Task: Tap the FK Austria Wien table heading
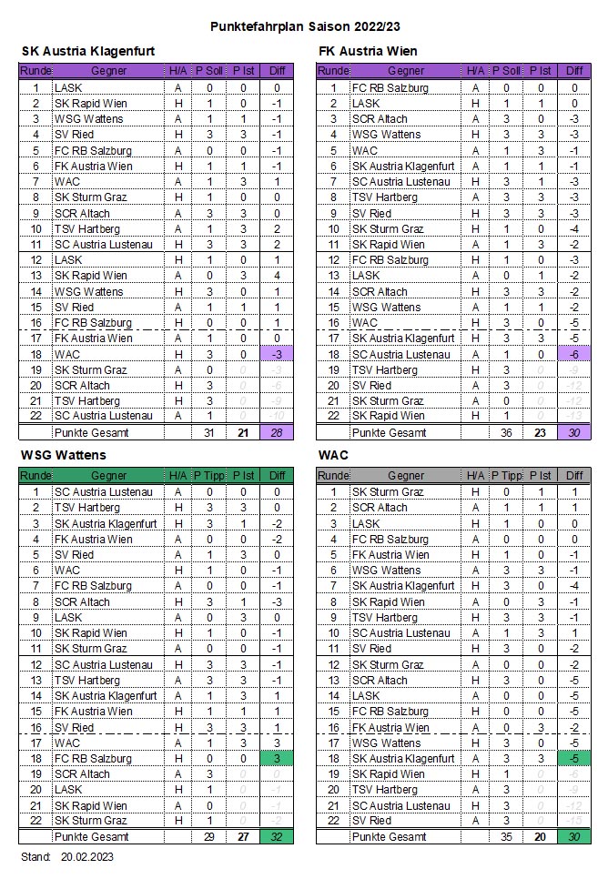(368, 51)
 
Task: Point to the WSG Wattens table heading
(63, 455)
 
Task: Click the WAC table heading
(332, 455)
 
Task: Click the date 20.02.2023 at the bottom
(87, 857)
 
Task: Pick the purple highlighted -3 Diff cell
(277, 354)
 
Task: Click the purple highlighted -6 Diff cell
(574, 354)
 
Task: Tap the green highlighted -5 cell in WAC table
(574, 758)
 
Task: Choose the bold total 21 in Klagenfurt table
(243, 432)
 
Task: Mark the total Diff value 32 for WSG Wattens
(277, 836)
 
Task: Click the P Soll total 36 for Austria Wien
(506, 432)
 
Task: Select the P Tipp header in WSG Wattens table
(208, 476)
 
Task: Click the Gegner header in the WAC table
(406, 476)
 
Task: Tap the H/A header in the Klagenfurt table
(177, 71)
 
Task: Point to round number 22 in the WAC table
(333, 821)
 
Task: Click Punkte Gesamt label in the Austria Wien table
(389, 432)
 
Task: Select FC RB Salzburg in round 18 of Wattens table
(93, 758)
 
